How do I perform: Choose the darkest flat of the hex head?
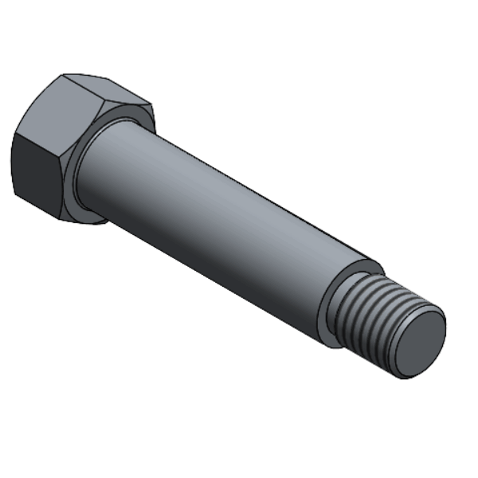click(x=36, y=171)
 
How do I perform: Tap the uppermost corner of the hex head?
click(x=64, y=75)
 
